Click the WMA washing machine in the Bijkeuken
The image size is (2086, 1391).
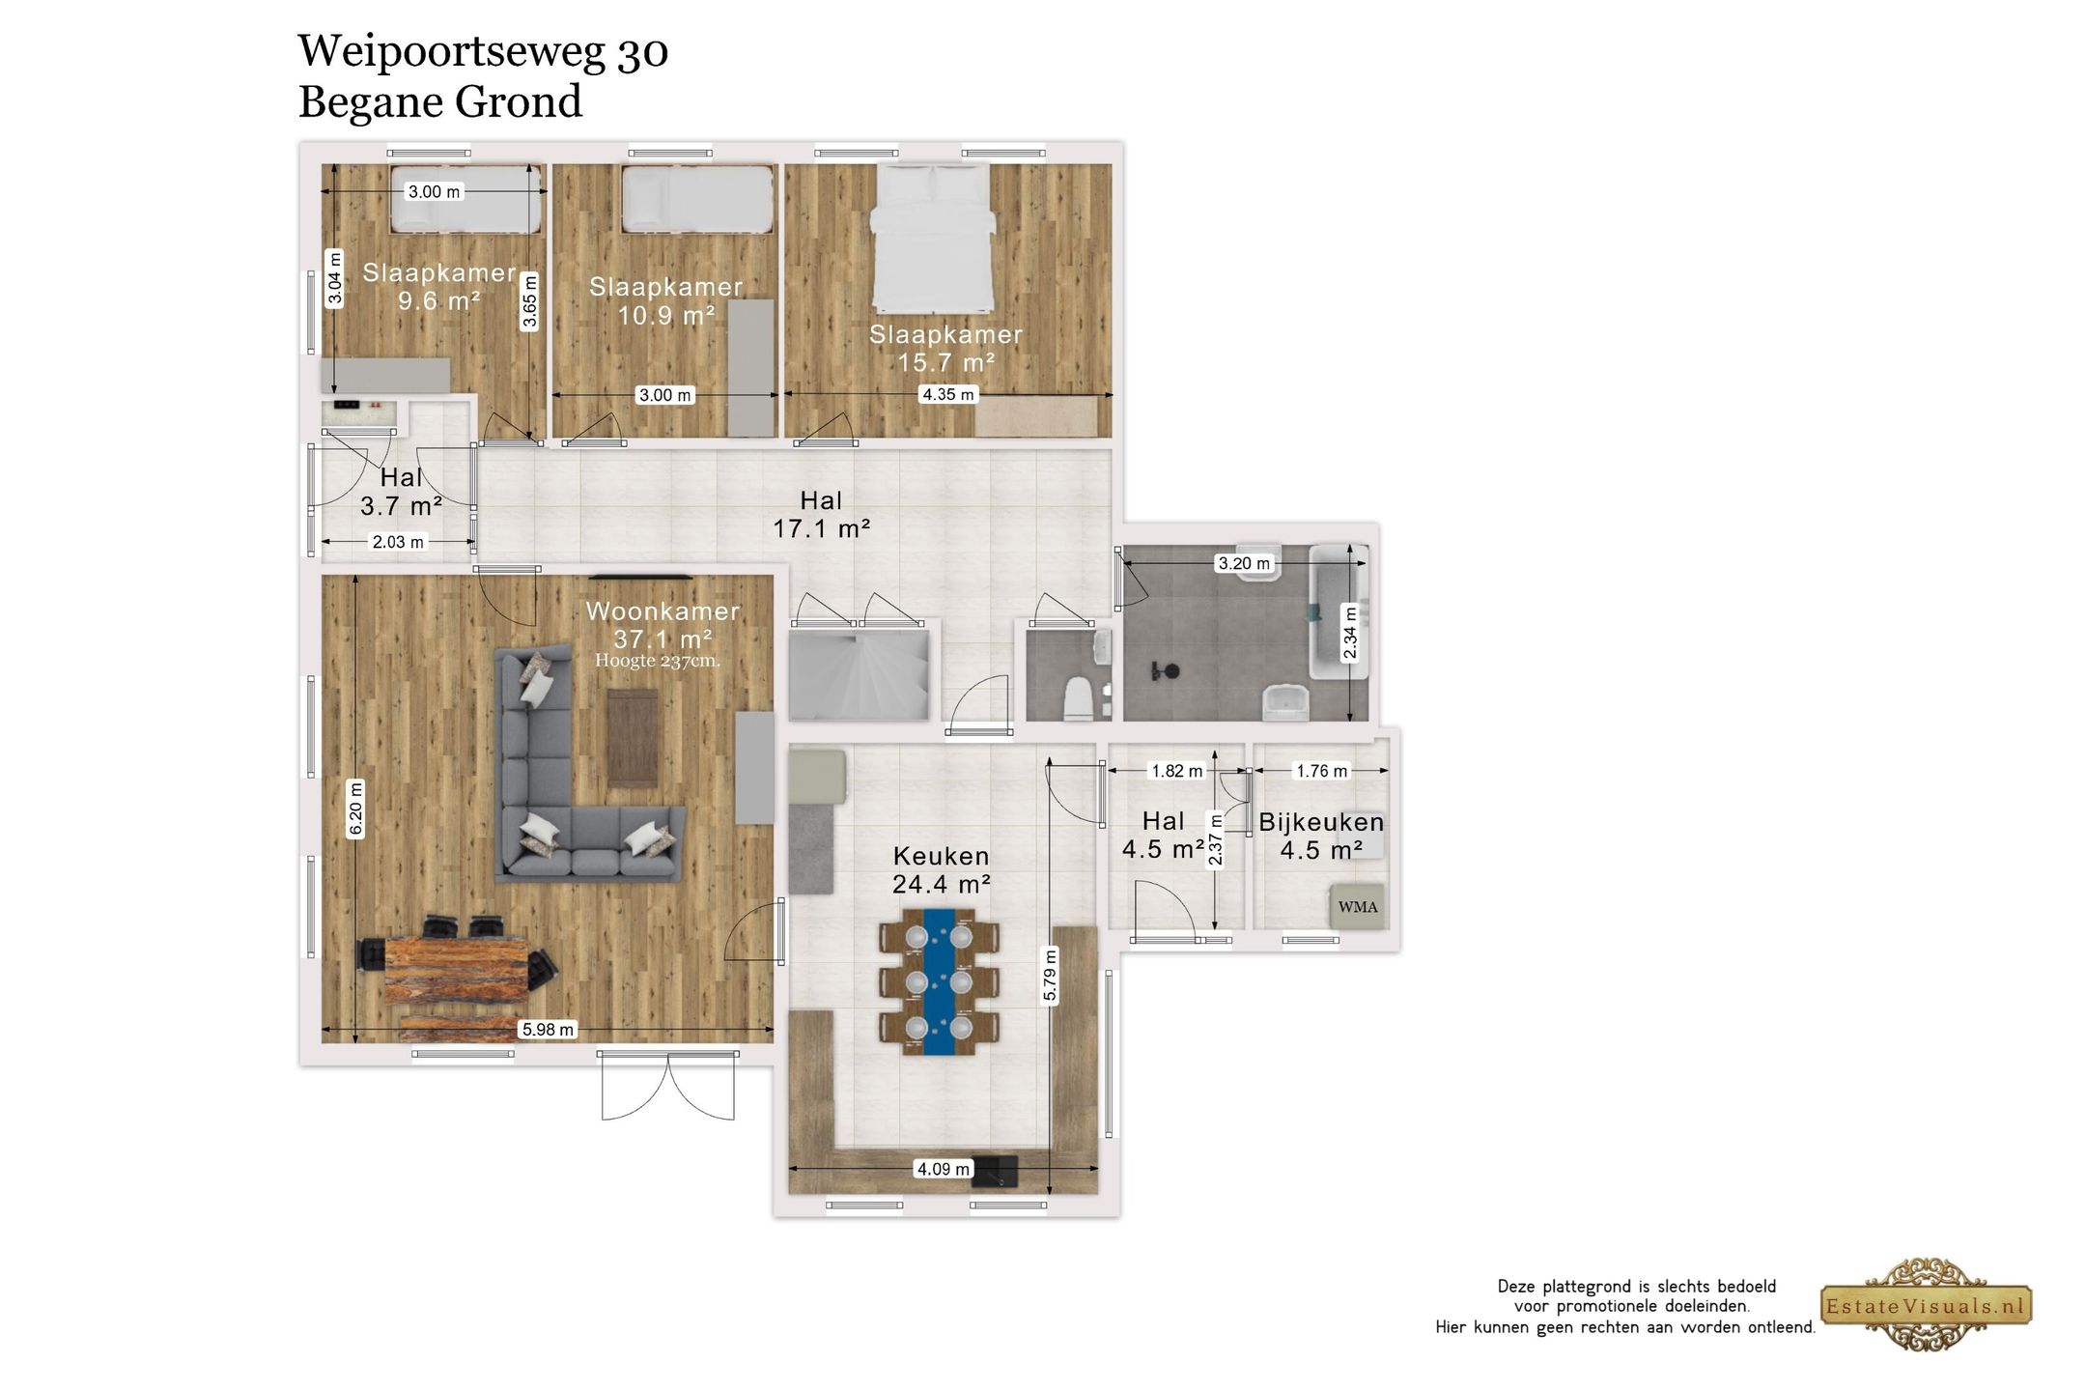point(1357,906)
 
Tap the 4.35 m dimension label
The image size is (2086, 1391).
point(948,394)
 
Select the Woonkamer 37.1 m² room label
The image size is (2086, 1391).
point(662,625)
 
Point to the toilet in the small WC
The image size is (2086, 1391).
point(1077,698)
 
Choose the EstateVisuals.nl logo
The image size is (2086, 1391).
point(1927,1306)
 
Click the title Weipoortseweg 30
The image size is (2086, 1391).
point(483,51)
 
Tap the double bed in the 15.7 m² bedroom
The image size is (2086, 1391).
point(933,237)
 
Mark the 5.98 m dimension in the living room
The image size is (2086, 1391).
point(548,1030)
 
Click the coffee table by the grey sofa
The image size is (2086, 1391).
point(633,738)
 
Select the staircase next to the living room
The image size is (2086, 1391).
point(859,676)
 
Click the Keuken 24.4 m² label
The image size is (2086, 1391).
point(942,869)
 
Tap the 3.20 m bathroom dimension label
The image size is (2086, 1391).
point(1245,563)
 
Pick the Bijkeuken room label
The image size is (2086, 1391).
point(1321,822)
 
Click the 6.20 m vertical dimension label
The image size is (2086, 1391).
point(356,808)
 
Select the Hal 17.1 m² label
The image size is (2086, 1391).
point(822,515)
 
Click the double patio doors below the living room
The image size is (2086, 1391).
point(668,1086)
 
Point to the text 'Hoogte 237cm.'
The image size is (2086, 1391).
point(658,661)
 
